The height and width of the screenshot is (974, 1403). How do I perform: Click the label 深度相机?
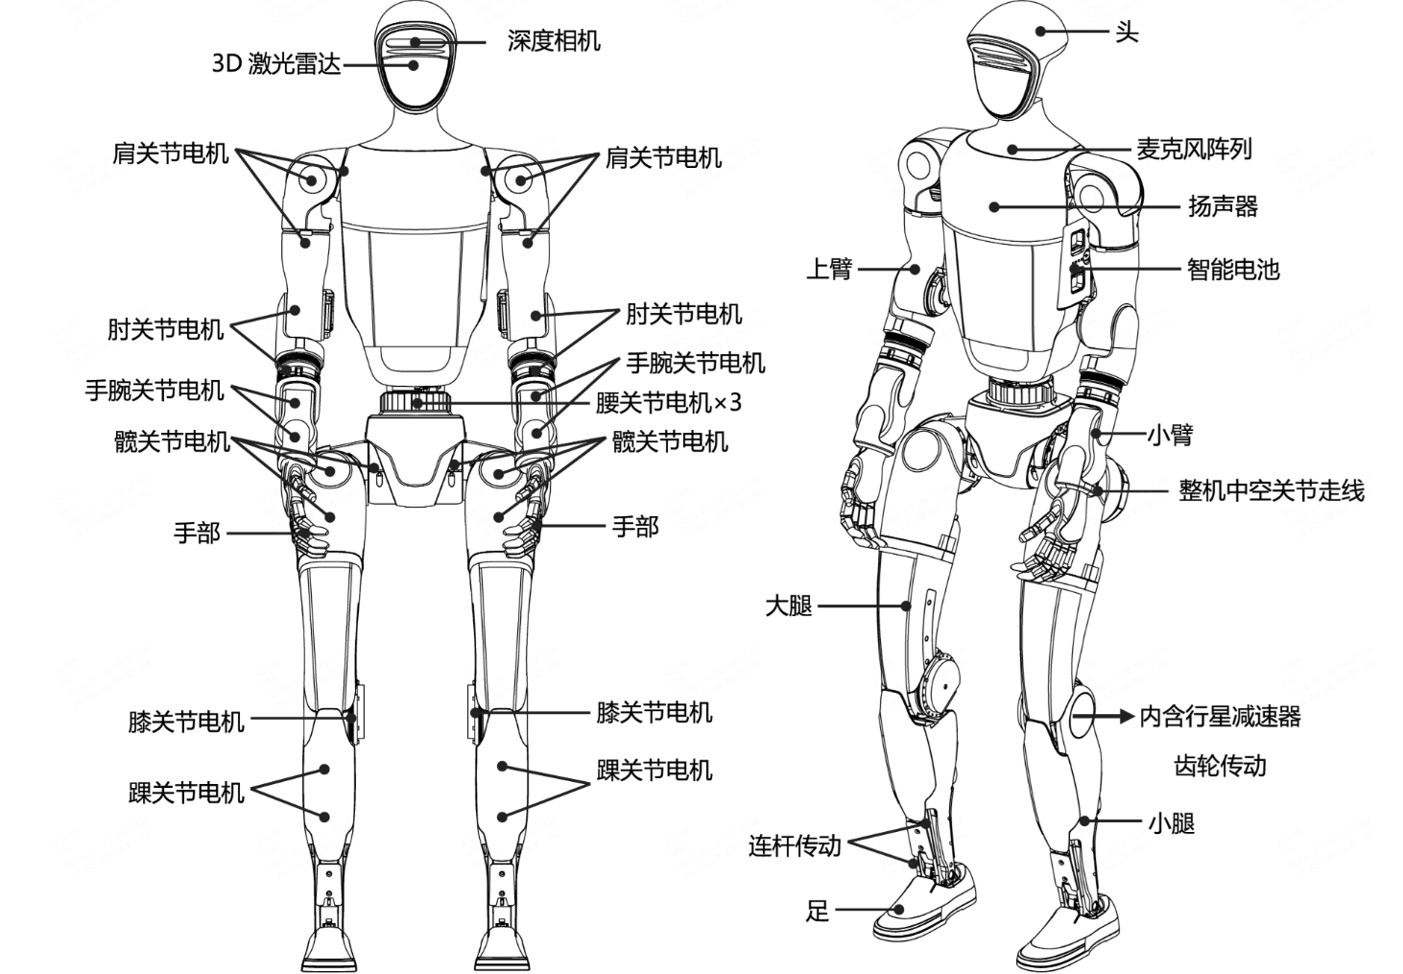pos(554,41)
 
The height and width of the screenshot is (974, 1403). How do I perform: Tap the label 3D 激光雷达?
pos(276,64)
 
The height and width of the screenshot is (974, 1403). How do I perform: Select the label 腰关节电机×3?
pos(668,402)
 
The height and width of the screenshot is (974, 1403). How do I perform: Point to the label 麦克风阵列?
pos(1194,149)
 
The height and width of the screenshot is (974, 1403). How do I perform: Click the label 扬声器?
pos(1224,206)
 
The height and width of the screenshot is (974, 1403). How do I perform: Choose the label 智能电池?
pos(1233,270)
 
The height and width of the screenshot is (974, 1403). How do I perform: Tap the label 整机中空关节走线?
pos(1272,490)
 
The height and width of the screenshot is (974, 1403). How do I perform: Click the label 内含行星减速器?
pos(1220,716)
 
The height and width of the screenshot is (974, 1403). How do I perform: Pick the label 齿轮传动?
pos(1220,766)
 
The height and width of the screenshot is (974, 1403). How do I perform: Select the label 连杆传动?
pos(795,846)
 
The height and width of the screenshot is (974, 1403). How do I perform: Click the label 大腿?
pos(789,606)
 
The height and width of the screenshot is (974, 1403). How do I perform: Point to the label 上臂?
pos(828,269)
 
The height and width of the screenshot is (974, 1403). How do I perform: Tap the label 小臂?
pos(1170,434)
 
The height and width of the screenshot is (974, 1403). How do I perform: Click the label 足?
pos(817,911)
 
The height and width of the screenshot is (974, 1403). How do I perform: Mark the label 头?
pos(1127,32)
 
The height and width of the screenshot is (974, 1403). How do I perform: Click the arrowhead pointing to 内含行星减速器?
pos(1127,716)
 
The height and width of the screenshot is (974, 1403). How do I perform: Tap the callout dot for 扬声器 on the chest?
pos(994,206)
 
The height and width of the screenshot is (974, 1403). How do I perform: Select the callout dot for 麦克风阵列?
pos(1012,149)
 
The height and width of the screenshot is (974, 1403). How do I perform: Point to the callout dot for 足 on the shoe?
pos(900,910)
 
